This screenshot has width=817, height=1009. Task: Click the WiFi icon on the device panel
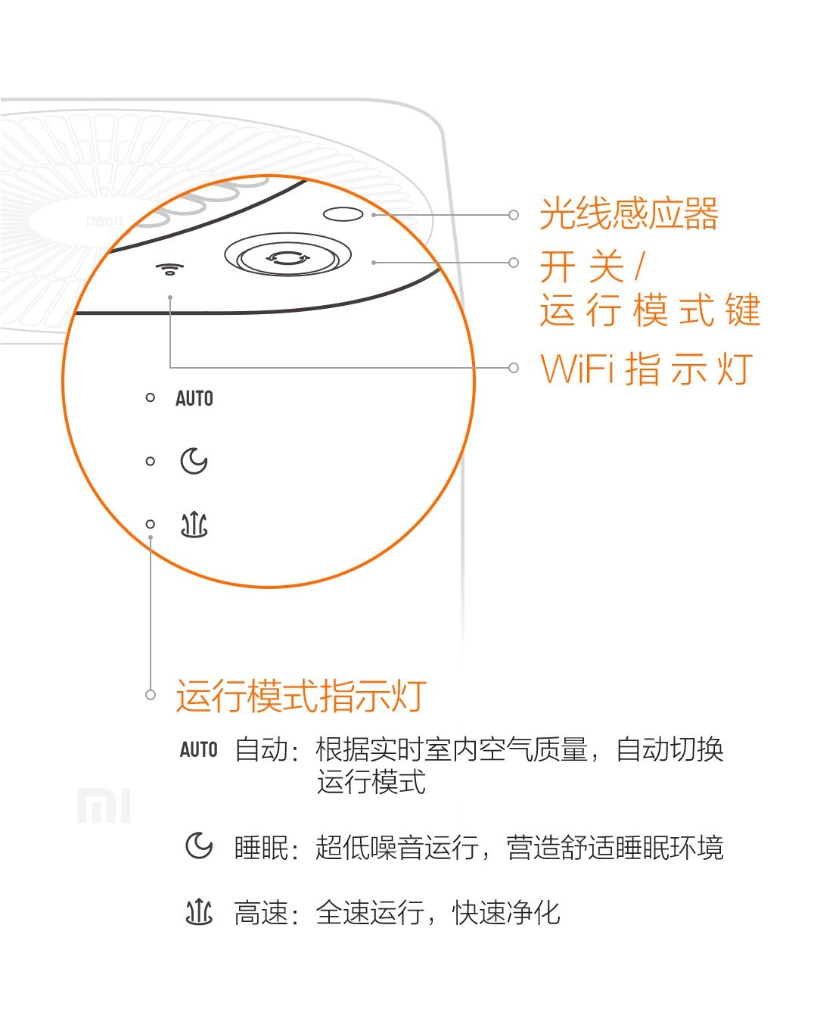click(x=170, y=269)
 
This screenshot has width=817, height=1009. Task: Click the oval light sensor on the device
click(x=343, y=214)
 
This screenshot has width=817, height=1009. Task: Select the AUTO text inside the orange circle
click(x=194, y=398)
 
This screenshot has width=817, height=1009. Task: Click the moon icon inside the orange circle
click(x=194, y=461)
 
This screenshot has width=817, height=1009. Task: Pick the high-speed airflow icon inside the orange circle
click(x=194, y=524)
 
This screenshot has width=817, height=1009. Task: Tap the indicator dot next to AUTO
click(x=150, y=397)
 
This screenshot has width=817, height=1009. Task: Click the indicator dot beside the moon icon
click(x=150, y=461)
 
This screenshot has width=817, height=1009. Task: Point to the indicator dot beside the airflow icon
click(x=150, y=524)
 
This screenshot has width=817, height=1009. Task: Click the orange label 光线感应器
click(x=628, y=214)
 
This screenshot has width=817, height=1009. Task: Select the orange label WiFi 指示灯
click(x=647, y=369)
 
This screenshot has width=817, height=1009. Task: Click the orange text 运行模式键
click(x=649, y=311)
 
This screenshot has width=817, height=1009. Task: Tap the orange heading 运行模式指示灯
click(x=301, y=696)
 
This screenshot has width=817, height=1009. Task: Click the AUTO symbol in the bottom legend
click(x=198, y=750)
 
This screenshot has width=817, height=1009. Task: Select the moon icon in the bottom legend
click(x=198, y=846)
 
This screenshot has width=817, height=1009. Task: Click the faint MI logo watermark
click(x=104, y=805)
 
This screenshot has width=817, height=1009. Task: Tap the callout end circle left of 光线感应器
click(x=514, y=215)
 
